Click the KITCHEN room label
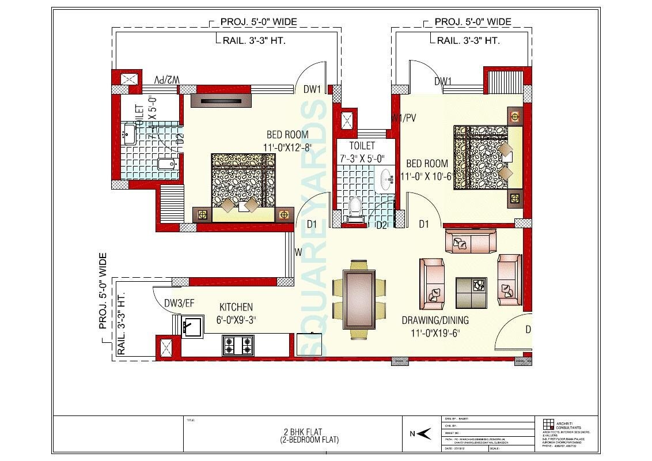236,307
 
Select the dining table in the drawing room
360,295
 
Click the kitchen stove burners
238,345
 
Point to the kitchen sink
192,327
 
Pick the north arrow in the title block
423,434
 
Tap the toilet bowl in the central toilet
355,206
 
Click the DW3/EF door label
179,303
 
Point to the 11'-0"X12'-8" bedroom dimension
286,148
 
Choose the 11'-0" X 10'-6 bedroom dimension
435,176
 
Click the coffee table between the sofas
471,292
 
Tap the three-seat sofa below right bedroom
469,241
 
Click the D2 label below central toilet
381,224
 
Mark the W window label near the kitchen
298,252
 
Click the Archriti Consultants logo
548,422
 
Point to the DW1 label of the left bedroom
312,89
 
